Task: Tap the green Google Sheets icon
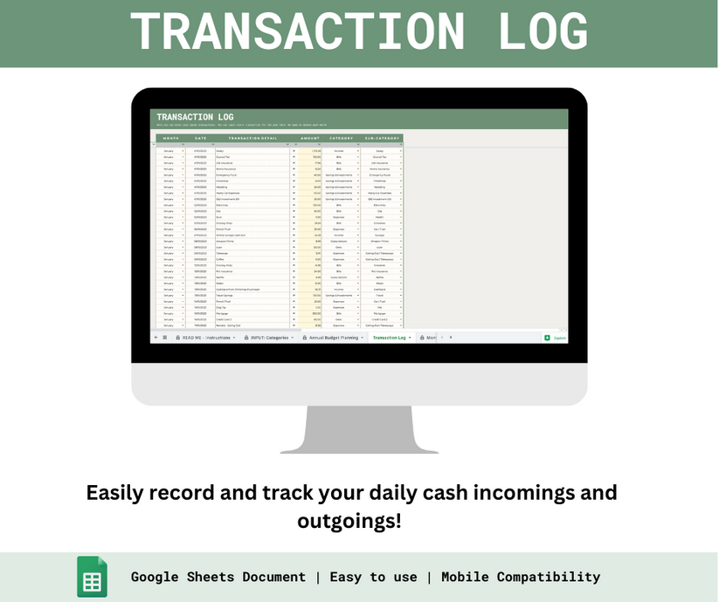[x=92, y=577]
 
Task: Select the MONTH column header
[x=170, y=138]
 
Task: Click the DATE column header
[x=201, y=138]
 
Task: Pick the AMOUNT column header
[x=310, y=138]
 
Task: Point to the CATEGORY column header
[x=342, y=138]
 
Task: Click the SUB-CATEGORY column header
[x=382, y=138]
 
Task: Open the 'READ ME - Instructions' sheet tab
[x=206, y=337]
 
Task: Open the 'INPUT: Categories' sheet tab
[x=270, y=337]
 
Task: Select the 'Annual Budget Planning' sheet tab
[x=333, y=337]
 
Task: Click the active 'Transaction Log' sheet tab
[x=390, y=337]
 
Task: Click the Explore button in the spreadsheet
[x=556, y=338]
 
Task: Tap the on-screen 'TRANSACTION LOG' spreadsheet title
[x=195, y=117]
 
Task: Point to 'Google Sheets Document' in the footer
[x=218, y=577]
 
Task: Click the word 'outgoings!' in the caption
[x=349, y=521]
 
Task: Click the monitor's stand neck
[x=359, y=428]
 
